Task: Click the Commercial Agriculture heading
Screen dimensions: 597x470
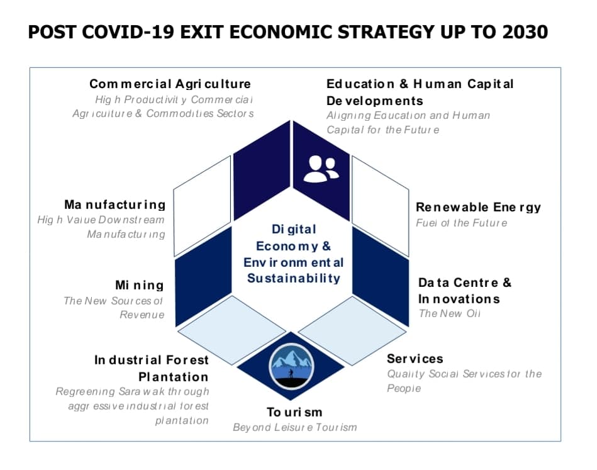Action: click(x=170, y=84)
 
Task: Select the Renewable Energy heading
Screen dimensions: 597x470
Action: click(x=478, y=207)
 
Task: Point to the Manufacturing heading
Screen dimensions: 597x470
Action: click(x=115, y=204)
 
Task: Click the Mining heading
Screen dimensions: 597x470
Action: click(x=140, y=285)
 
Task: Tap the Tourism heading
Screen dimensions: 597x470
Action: click(x=294, y=412)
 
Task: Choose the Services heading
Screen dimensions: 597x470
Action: click(x=415, y=359)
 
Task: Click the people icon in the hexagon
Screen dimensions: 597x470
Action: click(x=321, y=169)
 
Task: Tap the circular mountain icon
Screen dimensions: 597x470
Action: click(x=291, y=366)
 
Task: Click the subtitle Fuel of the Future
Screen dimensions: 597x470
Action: click(x=462, y=223)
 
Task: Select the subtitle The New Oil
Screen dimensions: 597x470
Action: click(x=449, y=313)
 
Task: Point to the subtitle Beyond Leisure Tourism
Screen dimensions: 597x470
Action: click(x=295, y=427)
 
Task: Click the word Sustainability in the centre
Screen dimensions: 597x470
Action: click(x=294, y=278)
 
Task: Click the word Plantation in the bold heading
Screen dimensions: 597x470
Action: click(x=173, y=377)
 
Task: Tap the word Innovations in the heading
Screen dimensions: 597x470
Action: click(x=459, y=299)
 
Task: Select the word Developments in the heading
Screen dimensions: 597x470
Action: click(x=375, y=101)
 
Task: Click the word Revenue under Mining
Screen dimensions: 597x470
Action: click(x=142, y=315)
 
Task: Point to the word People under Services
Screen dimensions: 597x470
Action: click(x=404, y=388)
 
